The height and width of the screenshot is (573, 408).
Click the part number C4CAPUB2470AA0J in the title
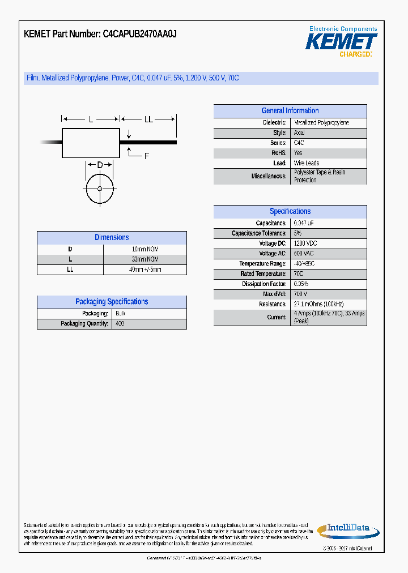point(139,34)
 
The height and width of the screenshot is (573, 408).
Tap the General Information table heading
point(290,111)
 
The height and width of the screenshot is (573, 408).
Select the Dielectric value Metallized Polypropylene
point(321,123)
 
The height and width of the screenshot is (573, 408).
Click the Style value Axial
point(299,133)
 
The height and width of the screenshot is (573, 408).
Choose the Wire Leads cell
point(307,164)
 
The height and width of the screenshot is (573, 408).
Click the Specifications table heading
point(290,212)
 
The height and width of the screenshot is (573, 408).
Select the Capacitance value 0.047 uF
point(304,224)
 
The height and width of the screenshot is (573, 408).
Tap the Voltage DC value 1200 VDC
point(305,243)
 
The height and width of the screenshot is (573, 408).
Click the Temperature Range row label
point(263,264)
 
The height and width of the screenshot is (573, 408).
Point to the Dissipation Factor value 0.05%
point(301,284)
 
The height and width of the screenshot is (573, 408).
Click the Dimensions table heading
point(112,238)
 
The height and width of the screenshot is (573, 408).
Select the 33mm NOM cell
point(144,259)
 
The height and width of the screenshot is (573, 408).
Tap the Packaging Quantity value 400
point(120,324)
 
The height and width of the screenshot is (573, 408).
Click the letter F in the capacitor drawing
point(146,156)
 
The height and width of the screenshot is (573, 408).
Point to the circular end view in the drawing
point(100,189)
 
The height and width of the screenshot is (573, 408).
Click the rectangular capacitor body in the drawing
point(91,143)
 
